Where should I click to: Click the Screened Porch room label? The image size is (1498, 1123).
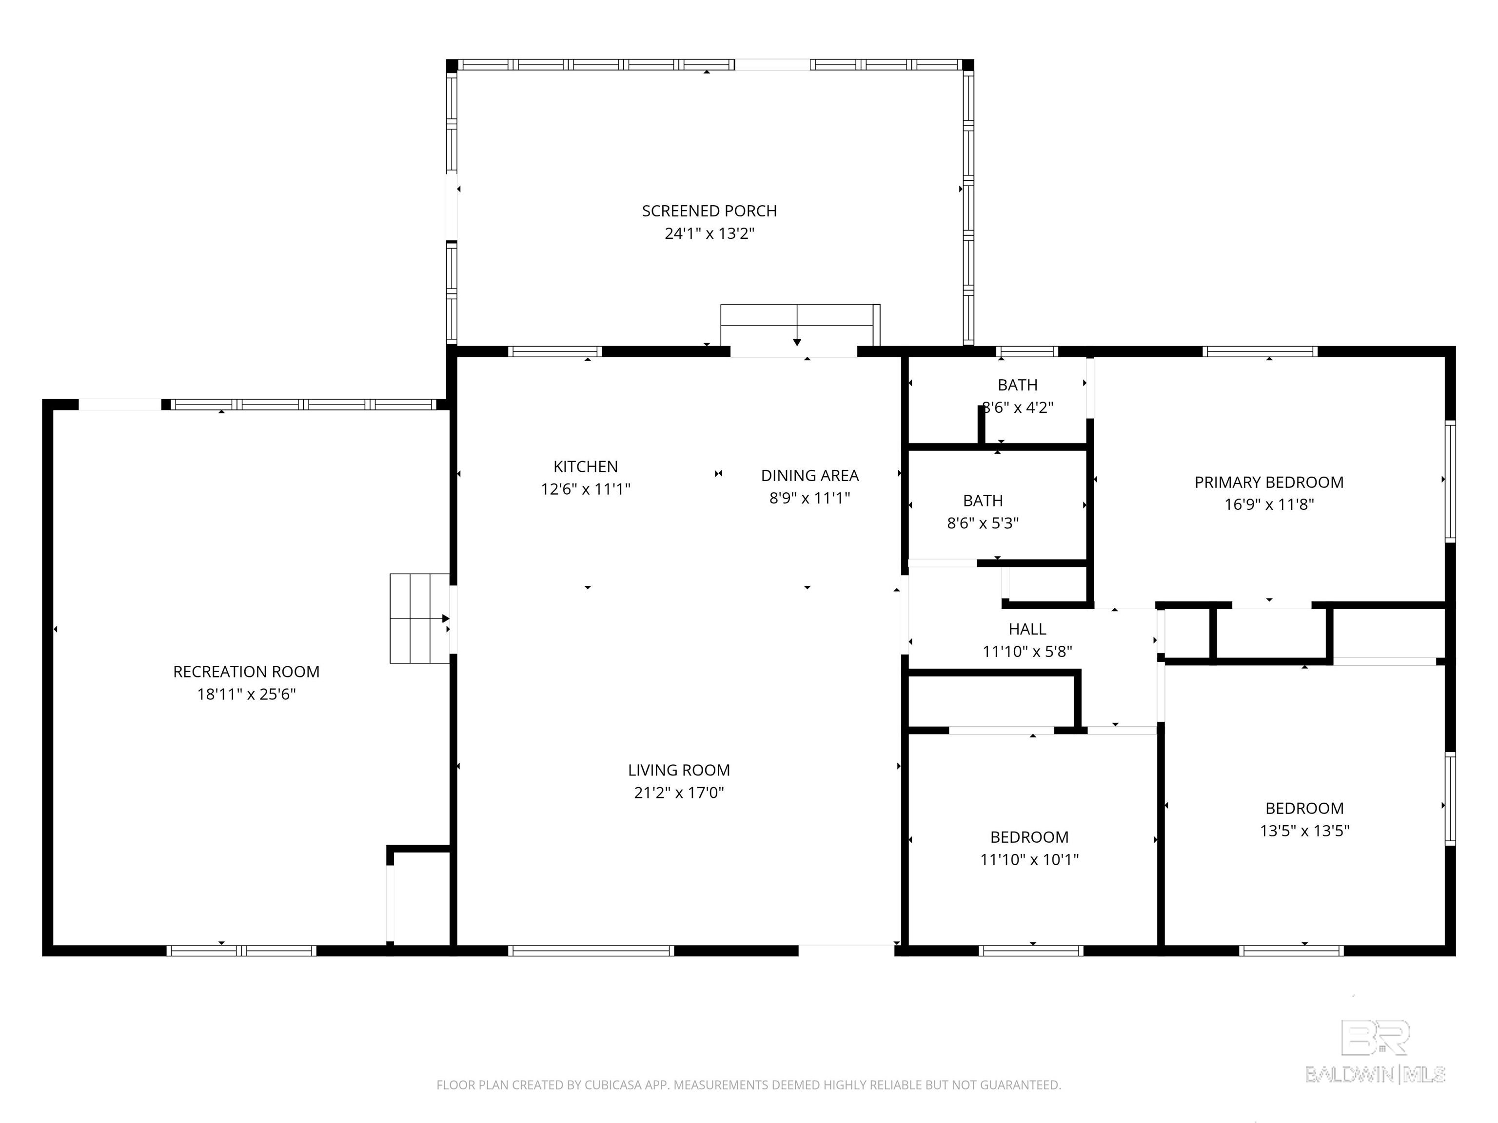tap(709, 211)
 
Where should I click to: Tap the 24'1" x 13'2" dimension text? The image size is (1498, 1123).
tap(709, 233)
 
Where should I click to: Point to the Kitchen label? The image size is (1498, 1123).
tap(586, 466)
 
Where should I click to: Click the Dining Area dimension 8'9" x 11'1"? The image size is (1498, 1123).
tap(810, 498)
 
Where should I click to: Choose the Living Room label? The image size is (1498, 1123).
tap(679, 770)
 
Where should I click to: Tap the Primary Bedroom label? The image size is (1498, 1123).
tap(1269, 483)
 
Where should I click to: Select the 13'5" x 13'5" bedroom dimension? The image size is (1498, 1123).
tap(1304, 831)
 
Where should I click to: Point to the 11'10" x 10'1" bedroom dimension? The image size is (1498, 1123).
tap(1029, 860)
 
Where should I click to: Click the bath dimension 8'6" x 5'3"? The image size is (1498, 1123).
tap(983, 523)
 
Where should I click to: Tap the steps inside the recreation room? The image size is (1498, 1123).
tap(419, 619)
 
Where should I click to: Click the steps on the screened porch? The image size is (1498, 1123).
tap(800, 326)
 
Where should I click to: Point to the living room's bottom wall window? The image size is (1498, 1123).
tap(591, 950)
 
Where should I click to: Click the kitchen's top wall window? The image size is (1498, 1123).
tap(554, 351)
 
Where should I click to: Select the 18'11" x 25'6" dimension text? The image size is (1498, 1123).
tap(247, 695)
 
